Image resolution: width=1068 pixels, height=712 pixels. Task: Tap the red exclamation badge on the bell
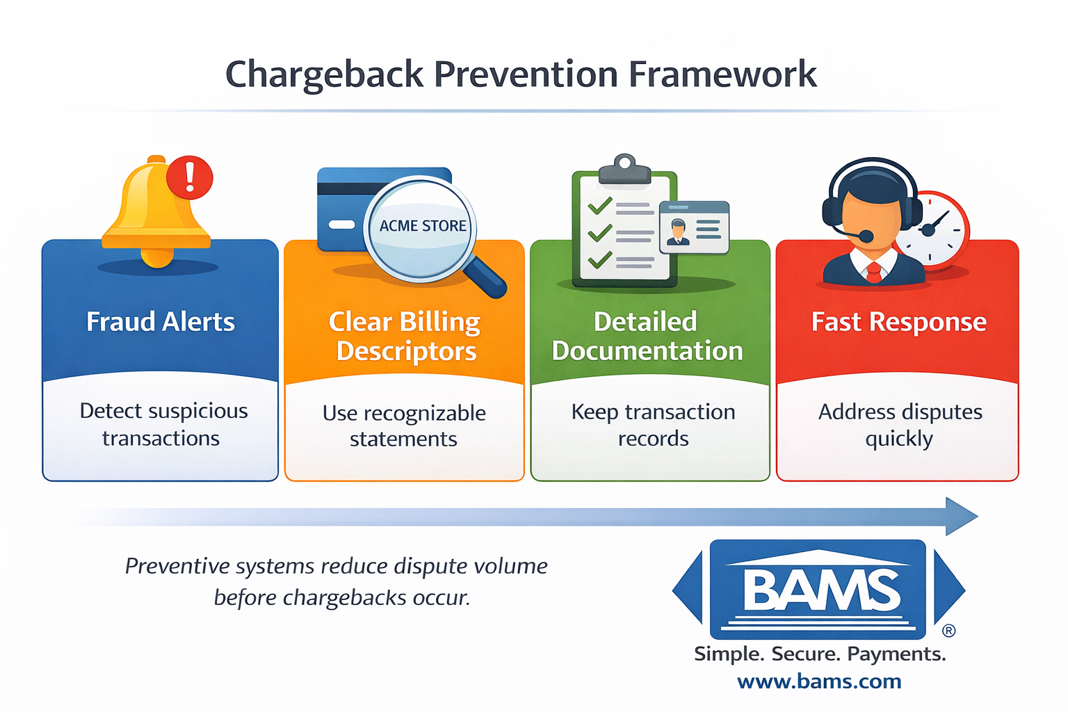point(189,177)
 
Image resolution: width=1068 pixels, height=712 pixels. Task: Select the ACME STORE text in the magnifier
point(422,226)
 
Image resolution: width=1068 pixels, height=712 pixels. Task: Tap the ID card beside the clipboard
point(694,227)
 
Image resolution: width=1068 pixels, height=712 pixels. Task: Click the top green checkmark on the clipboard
point(599,206)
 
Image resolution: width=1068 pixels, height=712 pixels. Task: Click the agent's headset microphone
point(866,236)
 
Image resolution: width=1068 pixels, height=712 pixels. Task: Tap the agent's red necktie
point(874,273)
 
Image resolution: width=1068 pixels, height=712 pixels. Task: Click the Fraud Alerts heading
point(161,322)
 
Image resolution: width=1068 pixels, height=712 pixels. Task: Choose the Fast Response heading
point(898,322)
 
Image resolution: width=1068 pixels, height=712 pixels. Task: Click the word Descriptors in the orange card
point(406,352)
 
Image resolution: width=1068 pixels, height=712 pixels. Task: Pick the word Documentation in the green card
point(647,351)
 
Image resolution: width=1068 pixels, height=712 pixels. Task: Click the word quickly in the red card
point(898,439)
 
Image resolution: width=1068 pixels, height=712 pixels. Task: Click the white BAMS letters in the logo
point(821,590)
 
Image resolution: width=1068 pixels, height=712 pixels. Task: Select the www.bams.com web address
point(819,681)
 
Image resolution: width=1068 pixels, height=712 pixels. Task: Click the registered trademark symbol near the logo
point(948,631)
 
